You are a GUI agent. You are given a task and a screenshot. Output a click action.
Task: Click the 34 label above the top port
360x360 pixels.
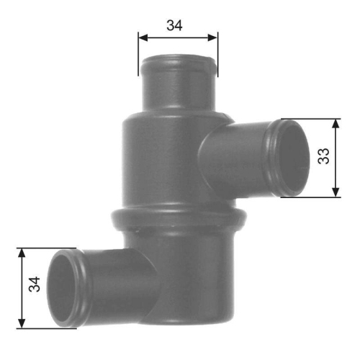(174, 24)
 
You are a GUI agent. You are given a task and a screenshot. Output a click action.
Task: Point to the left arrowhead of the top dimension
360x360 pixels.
(141, 37)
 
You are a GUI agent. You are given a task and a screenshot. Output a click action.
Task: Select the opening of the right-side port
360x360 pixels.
(292, 158)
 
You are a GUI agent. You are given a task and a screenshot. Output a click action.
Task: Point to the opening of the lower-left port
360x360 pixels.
(63, 288)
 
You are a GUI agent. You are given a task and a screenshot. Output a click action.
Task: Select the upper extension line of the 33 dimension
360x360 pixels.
(310, 119)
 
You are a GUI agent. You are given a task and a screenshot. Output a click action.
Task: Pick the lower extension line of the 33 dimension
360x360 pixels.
(310, 197)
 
